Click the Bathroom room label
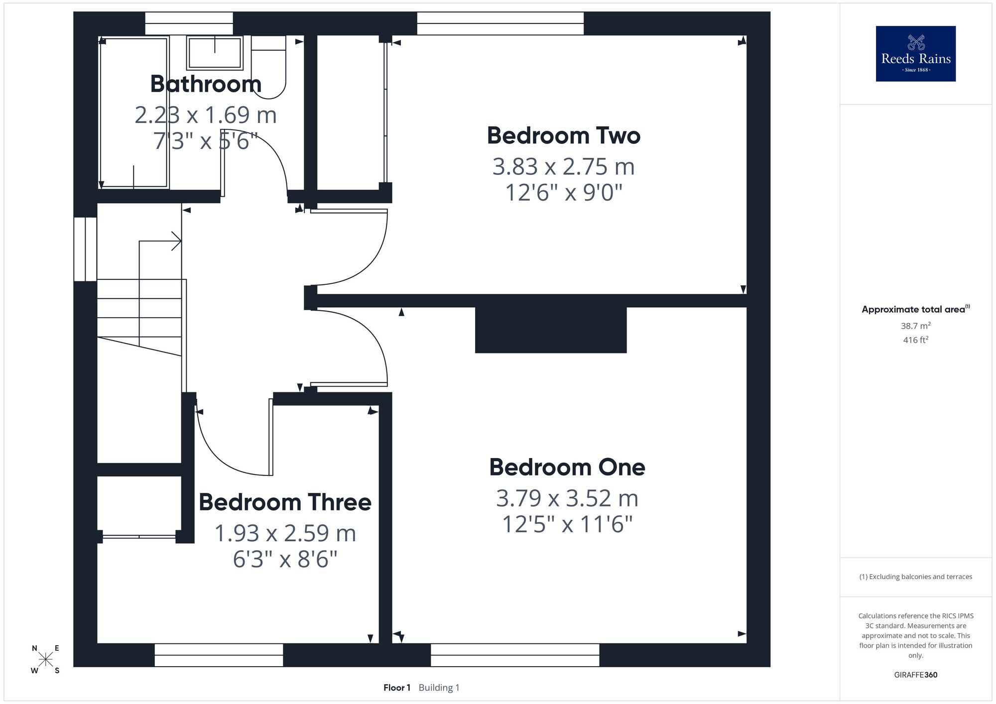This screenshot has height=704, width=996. pyautogui.click(x=206, y=84)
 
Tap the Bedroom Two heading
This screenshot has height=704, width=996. pyautogui.click(x=564, y=135)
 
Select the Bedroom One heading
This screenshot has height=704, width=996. pyautogui.click(x=567, y=467)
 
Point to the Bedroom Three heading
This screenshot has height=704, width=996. pyautogui.click(x=285, y=502)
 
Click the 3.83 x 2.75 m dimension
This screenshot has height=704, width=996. pyautogui.click(x=564, y=166)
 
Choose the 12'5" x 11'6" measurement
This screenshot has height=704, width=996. pyautogui.click(x=567, y=524)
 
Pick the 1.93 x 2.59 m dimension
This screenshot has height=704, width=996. pyautogui.click(x=285, y=533)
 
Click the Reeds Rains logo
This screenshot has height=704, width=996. pyautogui.click(x=916, y=54)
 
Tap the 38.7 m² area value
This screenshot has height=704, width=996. pyautogui.click(x=916, y=326)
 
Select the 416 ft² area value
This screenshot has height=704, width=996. pyautogui.click(x=916, y=340)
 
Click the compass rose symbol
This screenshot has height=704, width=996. pyautogui.click(x=45, y=660)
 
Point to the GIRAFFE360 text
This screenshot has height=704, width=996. pyautogui.click(x=916, y=675)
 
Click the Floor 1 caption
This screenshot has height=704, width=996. pyautogui.click(x=397, y=688)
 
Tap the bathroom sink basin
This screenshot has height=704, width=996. pyautogui.click(x=215, y=52)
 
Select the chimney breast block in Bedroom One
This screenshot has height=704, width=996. pyautogui.click(x=551, y=330)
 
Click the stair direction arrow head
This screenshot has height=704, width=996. pyautogui.click(x=176, y=241)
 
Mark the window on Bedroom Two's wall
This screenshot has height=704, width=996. pyautogui.click(x=500, y=23)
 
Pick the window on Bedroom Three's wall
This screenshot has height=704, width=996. pyautogui.click(x=219, y=655)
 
